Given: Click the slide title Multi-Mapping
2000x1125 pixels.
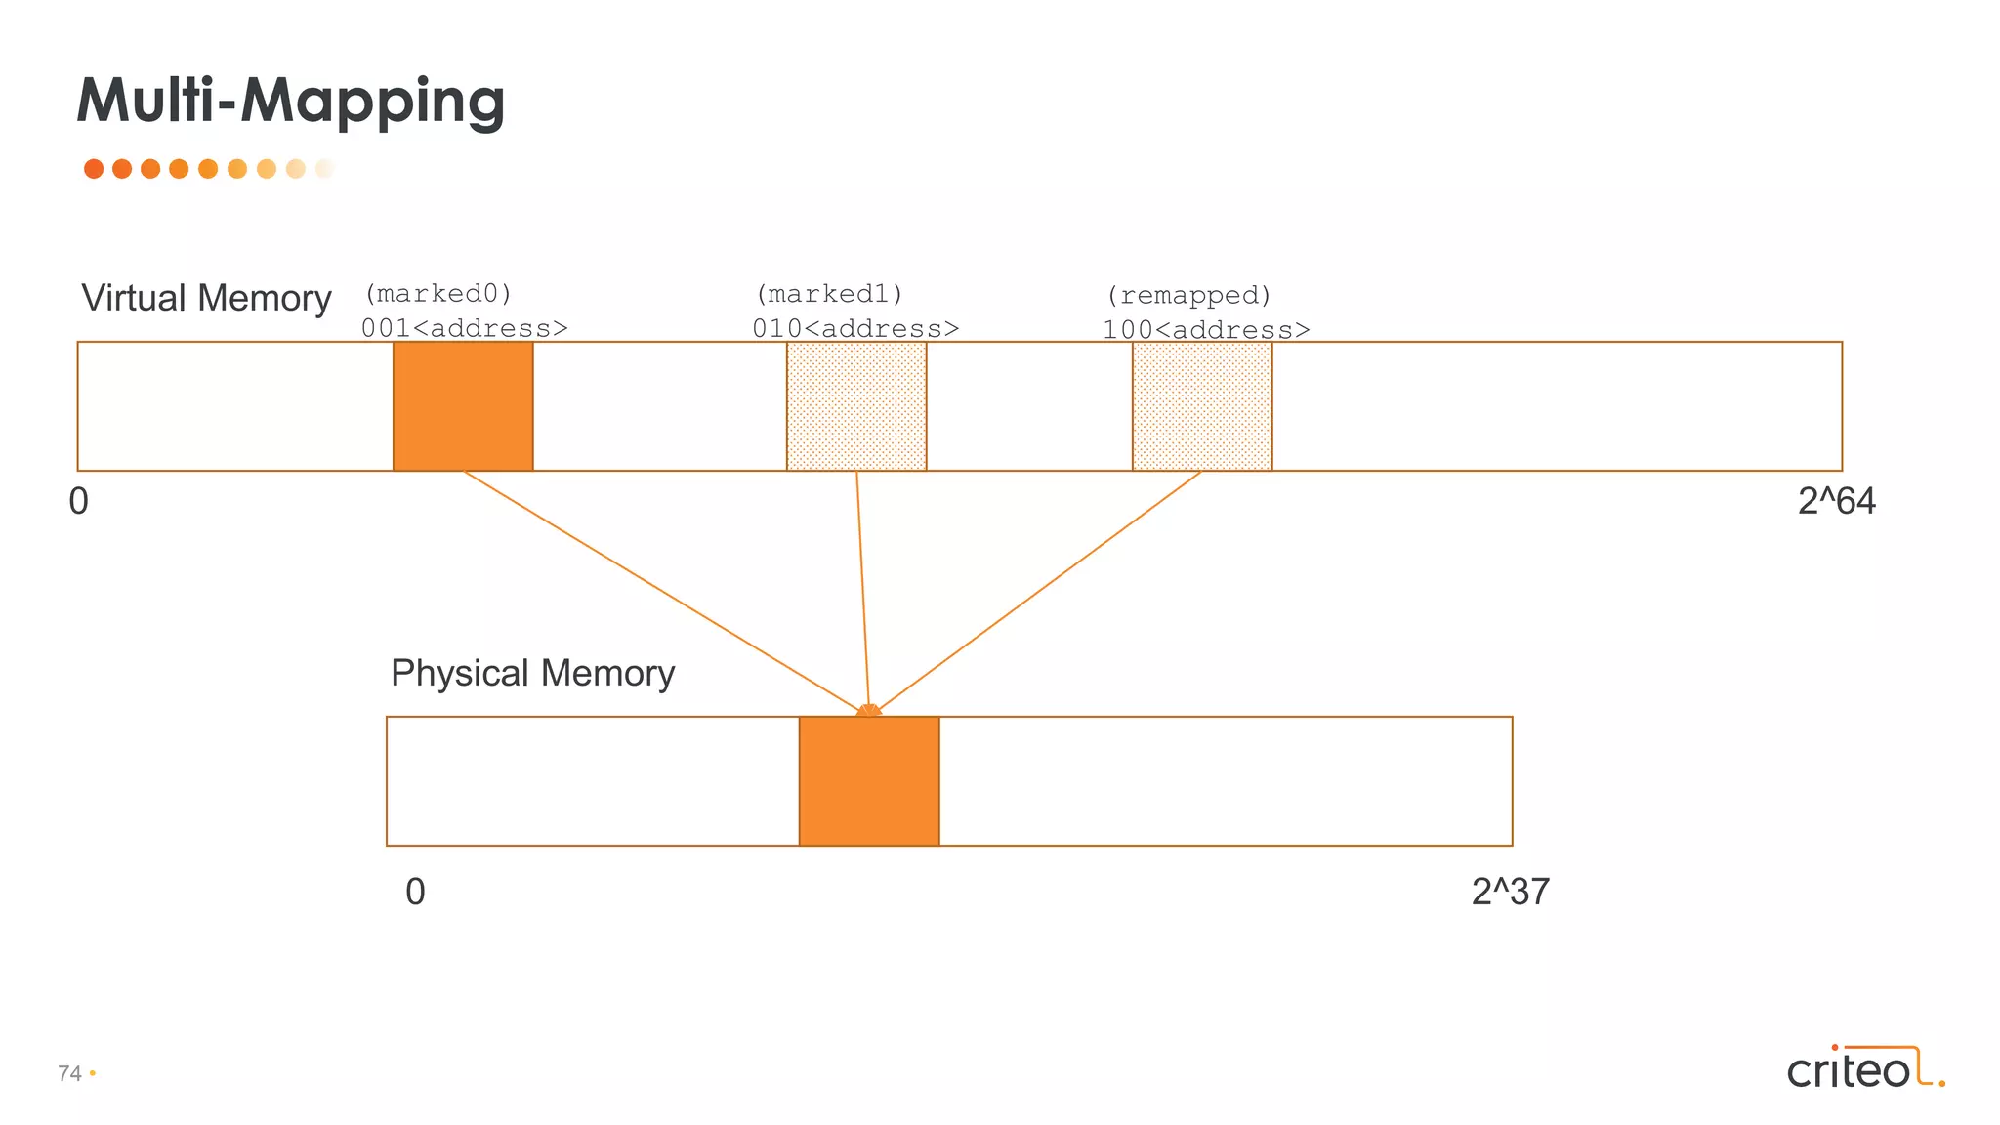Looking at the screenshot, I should [291, 101].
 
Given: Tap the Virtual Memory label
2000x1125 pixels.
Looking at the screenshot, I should [206, 298].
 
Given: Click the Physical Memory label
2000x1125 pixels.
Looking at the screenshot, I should [532, 673].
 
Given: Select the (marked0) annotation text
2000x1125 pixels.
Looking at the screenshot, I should [437, 294].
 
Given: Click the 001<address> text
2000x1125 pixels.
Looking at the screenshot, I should [464, 328].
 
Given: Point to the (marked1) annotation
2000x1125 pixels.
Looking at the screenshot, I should [829, 294].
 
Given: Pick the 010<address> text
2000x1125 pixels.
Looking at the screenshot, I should [855, 329].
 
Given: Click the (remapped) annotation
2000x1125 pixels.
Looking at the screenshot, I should [1188, 295].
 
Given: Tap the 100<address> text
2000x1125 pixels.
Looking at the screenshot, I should [1206, 330].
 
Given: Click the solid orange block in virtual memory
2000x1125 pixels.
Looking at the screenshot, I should [463, 406].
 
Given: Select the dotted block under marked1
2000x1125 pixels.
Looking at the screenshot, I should [856, 406].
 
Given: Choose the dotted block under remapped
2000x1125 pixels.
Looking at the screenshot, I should [1202, 406].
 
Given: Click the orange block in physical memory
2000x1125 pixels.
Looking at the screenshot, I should [869, 781].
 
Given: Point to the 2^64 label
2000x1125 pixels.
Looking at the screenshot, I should [1836, 501].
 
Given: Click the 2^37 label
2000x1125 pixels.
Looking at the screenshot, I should [1510, 892].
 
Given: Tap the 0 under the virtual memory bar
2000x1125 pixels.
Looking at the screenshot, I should [79, 501].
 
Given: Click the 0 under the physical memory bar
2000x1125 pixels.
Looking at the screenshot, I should [415, 892].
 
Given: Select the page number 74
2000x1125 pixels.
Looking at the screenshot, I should [69, 1073].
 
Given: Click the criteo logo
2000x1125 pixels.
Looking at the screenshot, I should [1864, 1068].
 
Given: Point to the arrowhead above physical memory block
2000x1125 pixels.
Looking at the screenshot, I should [868, 710].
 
